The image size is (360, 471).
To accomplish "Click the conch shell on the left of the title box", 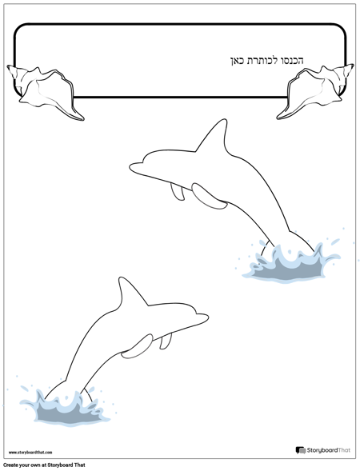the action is point(45,92).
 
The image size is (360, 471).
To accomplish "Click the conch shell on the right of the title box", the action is point(315,92).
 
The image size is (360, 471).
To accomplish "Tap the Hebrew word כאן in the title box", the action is point(236,61).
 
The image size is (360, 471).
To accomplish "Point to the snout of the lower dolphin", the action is point(202,317).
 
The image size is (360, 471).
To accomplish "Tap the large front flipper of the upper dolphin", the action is point(209,197).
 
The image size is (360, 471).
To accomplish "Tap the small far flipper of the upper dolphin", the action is point(178,192).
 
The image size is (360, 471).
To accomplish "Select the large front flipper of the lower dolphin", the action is point(138,346).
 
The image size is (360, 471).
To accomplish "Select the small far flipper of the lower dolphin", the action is point(166,341).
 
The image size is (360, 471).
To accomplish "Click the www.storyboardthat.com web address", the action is point(30,452).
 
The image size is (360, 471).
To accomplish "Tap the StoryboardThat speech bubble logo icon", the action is point(300,450).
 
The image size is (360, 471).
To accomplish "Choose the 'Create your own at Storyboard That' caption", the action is point(44,465).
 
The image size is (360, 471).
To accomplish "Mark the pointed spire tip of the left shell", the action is point(8,66).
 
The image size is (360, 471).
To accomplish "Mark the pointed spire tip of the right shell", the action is point(353,65).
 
